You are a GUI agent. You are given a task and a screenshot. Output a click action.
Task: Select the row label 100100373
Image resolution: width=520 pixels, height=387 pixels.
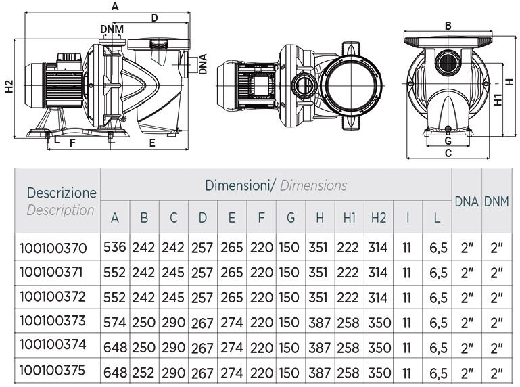53,321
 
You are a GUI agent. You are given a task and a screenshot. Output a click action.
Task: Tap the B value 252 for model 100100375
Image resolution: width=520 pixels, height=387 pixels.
144,371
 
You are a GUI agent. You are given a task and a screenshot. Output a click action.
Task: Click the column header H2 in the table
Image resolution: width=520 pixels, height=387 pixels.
378,218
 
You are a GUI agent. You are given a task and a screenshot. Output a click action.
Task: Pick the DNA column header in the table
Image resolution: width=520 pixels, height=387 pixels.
467,201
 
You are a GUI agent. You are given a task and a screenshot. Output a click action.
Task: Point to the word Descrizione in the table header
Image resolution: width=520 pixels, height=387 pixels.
62,192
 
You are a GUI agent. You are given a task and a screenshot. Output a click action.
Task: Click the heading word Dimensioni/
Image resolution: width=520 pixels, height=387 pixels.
241,185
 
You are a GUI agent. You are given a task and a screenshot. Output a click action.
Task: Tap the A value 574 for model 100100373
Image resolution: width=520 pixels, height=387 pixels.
115,322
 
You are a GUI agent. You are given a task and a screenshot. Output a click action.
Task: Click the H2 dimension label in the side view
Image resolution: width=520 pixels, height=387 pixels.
8,87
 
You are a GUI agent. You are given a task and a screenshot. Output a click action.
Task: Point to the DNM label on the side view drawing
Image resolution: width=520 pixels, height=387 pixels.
112,29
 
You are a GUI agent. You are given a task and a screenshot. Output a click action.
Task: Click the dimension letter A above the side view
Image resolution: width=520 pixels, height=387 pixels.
115,7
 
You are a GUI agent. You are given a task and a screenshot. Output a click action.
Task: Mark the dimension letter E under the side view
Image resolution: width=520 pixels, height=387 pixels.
152,143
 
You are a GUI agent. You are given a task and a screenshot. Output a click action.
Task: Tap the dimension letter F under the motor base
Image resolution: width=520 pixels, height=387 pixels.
72,143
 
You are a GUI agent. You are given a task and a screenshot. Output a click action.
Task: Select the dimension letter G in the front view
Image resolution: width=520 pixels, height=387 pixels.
448,141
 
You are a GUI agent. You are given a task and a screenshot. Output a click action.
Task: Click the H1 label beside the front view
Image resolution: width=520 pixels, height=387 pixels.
497,99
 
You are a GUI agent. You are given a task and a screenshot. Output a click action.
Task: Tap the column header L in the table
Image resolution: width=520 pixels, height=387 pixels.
438,218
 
